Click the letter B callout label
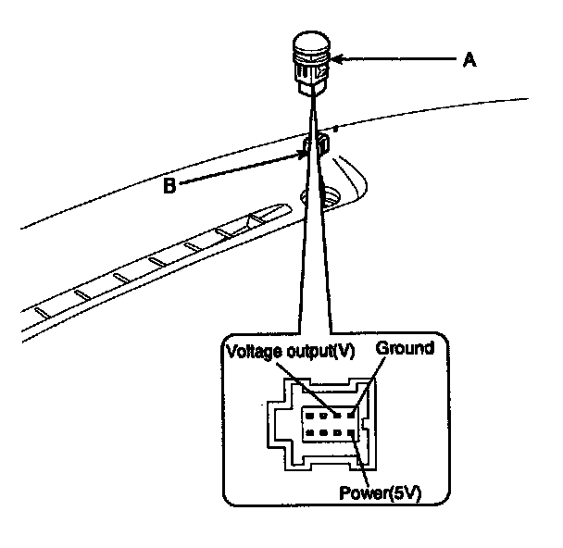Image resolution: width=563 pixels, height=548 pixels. tap(170, 185)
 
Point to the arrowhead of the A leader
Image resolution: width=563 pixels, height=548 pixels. tap(335, 61)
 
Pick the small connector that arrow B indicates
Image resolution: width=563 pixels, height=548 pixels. tap(317, 144)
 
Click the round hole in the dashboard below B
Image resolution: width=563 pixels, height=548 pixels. tap(330, 197)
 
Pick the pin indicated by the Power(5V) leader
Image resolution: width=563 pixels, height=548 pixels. tap(351, 432)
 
